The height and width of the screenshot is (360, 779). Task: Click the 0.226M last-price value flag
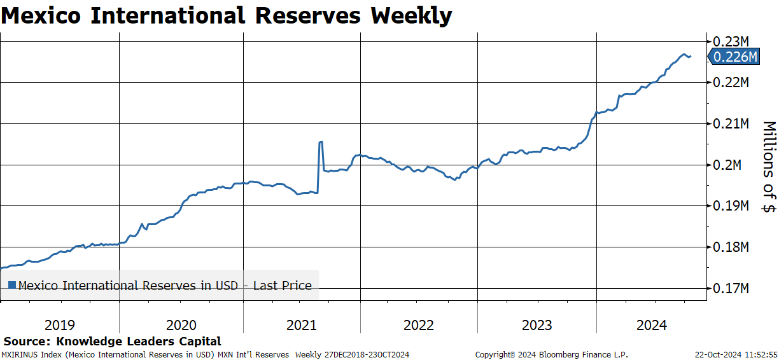click(x=734, y=57)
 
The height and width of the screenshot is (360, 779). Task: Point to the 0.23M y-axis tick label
click(x=731, y=42)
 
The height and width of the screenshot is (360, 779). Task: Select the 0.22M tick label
click(x=731, y=82)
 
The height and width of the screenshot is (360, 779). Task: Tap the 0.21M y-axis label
click(x=731, y=123)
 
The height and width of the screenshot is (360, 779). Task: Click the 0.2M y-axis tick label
click(x=727, y=165)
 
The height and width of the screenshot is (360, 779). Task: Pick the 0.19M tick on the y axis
click(x=731, y=205)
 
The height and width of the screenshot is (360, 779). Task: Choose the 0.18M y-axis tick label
click(x=731, y=247)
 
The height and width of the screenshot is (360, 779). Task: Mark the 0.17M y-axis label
click(x=731, y=288)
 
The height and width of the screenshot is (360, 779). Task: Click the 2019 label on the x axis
click(x=60, y=325)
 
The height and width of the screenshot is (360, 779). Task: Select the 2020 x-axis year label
click(x=181, y=325)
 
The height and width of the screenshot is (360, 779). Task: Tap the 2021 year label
click(x=302, y=325)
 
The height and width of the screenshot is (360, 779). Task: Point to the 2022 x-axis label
click(x=419, y=325)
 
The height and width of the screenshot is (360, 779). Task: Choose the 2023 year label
click(x=537, y=325)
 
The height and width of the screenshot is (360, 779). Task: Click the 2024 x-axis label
click(x=652, y=325)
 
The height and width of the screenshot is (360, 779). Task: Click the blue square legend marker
click(x=12, y=286)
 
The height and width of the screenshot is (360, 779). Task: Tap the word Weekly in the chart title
click(x=411, y=16)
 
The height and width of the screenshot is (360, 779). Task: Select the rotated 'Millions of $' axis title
click(x=769, y=167)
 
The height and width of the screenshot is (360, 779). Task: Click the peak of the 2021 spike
click(x=321, y=142)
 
